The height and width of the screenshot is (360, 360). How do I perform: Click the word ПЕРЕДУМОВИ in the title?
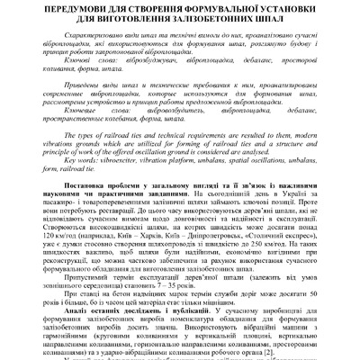coord(79,10)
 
